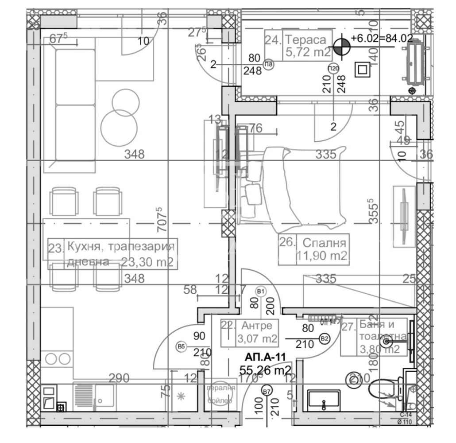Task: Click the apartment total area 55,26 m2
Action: (x=265, y=369)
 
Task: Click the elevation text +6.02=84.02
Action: (x=382, y=39)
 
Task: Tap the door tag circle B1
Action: (x=261, y=291)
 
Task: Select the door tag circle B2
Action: (x=325, y=339)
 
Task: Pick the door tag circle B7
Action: (x=266, y=391)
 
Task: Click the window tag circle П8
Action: (x=269, y=65)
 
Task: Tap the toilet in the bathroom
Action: (x=383, y=390)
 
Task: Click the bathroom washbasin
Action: (x=323, y=401)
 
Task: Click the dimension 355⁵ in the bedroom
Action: (x=375, y=213)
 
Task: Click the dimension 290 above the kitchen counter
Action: (x=119, y=378)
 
